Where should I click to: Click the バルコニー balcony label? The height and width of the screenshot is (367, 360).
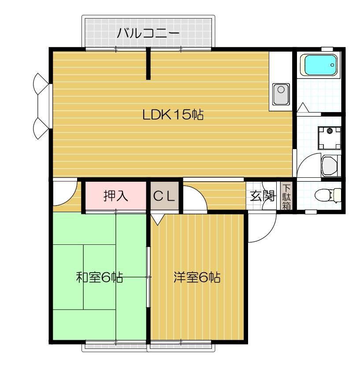pos(148,33)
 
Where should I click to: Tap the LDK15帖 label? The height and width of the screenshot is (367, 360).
pos(172,115)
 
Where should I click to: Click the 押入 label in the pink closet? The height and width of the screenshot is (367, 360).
pos(116,196)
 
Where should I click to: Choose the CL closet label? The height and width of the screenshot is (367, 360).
pos(164,196)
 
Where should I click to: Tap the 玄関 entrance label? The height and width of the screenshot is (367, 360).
pos(263,196)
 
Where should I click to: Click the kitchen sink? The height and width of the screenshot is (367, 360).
pos(281,94)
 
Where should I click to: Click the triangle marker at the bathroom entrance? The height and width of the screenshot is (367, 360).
pos(303,107)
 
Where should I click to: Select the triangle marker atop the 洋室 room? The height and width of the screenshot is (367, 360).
pos(157,218)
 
